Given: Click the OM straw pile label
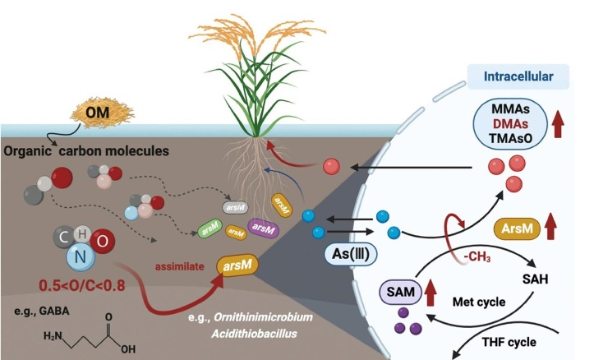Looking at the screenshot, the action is click(x=98, y=113).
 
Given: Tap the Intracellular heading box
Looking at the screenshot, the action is click(x=518, y=76).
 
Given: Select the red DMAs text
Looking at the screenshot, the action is click(x=510, y=124).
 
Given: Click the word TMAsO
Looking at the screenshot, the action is click(x=510, y=138).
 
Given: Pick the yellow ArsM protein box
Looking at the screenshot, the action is click(x=517, y=228).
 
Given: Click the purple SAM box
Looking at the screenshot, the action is click(x=400, y=292).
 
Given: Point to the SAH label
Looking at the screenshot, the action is click(x=535, y=279).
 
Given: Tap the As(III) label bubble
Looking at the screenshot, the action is click(x=351, y=253).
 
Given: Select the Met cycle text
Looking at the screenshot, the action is click(x=479, y=302).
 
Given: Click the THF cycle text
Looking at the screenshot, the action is click(x=509, y=342).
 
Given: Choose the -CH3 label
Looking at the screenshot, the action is click(x=477, y=257).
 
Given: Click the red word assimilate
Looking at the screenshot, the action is click(x=180, y=266).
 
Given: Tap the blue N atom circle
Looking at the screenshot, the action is click(x=81, y=257).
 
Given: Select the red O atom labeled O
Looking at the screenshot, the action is click(x=102, y=241).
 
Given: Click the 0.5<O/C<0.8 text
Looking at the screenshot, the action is click(x=82, y=285).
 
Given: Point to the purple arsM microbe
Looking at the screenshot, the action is click(x=263, y=228).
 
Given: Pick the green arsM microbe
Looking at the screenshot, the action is click(x=210, y=228).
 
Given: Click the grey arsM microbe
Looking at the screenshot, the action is click(x=235, y=207).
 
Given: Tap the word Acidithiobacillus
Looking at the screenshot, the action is click(x=254, y=334).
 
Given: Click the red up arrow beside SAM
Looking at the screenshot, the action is click(x=430, y=293).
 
